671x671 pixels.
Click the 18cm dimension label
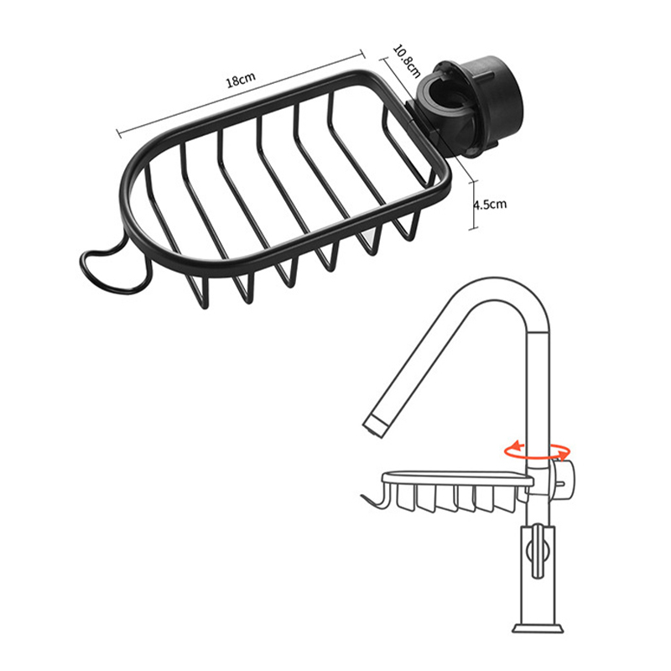click(241, 80)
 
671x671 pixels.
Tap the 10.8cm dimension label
click(407, 61)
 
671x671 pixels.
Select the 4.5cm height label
click(490, 204)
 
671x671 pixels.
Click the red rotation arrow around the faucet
click(538, 451)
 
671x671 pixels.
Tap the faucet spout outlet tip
click(375, 427)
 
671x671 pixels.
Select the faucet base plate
click(538, 627)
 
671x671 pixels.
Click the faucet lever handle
click(538, 551)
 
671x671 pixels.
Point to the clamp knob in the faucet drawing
click(564, 479)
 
